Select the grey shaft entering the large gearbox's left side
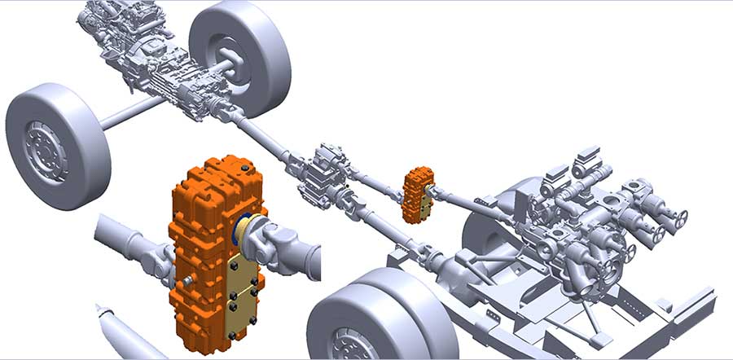pos(130,240)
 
